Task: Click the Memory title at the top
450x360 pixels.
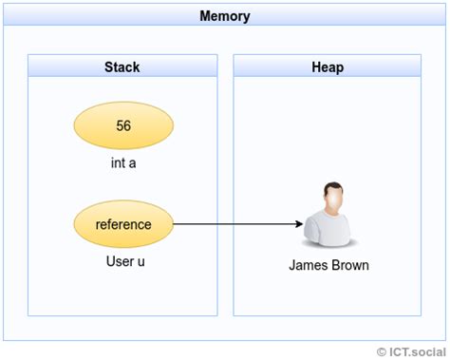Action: (225, 16)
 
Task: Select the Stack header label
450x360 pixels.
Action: (122, 66)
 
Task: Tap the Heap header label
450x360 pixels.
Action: (327, 66)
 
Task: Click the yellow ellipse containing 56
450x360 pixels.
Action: (123, 126)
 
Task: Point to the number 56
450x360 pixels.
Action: (123, 126)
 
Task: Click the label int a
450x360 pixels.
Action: (123, 162)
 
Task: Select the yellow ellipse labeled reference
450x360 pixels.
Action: (123, 224)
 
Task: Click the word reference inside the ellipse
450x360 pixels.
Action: (123, 224)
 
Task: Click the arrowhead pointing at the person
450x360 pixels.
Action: (297, 224)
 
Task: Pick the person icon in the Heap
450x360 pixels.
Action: (328, 217)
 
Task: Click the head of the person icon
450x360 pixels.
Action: (328, 199)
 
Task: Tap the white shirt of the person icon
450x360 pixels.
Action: (328, 233)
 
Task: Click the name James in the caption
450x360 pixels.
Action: (308, 265)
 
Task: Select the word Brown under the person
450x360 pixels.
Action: (349, 265)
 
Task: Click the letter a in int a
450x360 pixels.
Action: (134, 162)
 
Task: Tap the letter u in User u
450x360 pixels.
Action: (141, 261)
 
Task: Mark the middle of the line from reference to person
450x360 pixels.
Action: (237, 224)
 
